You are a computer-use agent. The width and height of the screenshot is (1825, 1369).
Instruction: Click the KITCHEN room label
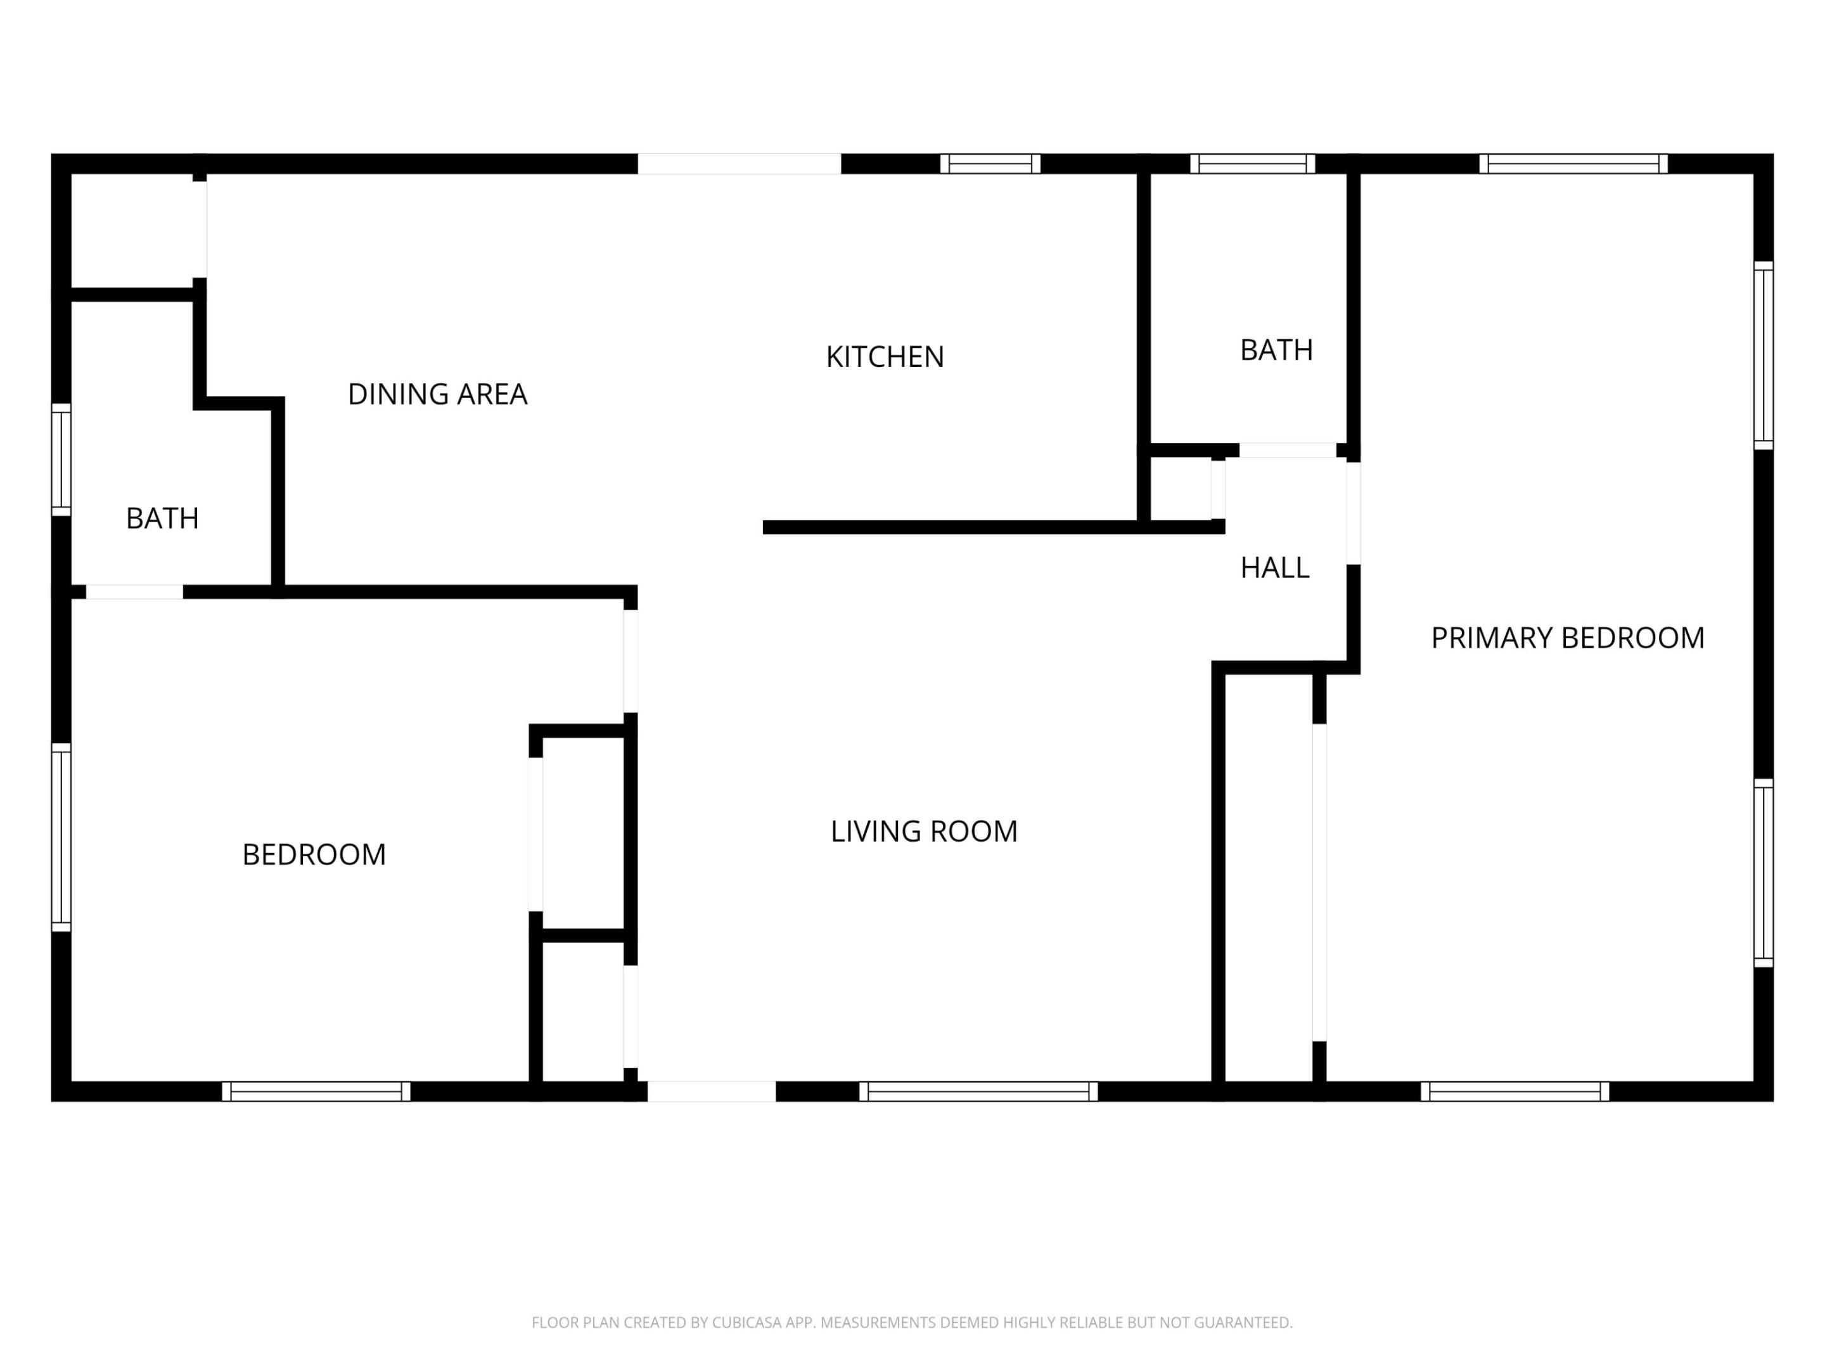[885, 356]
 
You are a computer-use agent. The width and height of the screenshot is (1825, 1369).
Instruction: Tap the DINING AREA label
[437, 394]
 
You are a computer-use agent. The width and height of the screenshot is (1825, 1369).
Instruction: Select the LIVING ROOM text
[923, 831]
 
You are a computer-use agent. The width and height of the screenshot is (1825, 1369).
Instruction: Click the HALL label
[1275, 568]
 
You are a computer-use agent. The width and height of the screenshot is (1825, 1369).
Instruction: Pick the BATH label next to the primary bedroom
[1276, 350]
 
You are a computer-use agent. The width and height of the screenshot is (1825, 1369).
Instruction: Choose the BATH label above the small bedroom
[162, 518]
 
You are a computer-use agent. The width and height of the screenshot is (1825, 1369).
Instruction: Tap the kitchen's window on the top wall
[990, 164]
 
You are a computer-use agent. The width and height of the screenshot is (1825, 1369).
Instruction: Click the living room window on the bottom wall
[978, 1092]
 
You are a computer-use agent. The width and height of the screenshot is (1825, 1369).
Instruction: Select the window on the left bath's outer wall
[61, 460]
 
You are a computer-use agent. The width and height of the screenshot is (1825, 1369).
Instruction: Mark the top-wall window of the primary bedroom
[1573, 164]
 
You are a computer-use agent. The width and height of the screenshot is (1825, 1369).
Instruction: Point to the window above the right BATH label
[1252, 164]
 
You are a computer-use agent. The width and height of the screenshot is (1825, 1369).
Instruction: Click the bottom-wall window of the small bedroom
[316, 1092]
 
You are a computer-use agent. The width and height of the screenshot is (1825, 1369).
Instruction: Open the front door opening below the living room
[711, 1092]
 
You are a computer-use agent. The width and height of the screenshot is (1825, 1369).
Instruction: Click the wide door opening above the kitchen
[740, 164]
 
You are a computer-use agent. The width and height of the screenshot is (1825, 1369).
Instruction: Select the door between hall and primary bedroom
[1353, 513]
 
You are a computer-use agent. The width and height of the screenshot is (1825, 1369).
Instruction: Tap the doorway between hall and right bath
[1287, 451]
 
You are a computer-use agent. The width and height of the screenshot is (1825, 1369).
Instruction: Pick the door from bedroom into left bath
[134, 592]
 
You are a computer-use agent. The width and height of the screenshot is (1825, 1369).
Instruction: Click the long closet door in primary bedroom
[1319, 882]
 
